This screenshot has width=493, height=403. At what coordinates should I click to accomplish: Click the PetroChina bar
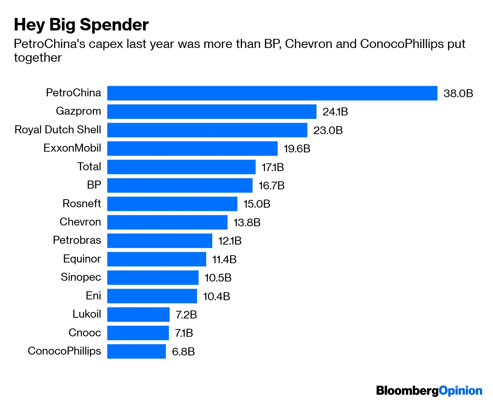pyautogui.click(x=272, y=93)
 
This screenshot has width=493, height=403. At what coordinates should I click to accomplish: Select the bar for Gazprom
pyautogui.click(x=212, y=112)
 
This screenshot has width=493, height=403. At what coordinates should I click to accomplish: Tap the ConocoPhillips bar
pyautogui.click(x=136, y=351)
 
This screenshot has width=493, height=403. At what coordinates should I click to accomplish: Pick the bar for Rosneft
pyautogui.click(x=172, y=204)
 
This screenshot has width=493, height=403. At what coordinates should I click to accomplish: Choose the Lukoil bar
pyautogui.click(x=138, y=315)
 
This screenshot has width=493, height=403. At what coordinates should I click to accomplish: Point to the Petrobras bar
pyautogui.click(x=159, y=241)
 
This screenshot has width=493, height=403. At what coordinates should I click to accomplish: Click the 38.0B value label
pyautogui.click(x=458, y=94)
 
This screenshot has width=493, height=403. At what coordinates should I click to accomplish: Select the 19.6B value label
pyautogui.click(x=297, y=149)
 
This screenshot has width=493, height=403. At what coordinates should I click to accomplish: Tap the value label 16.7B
pyautogui.click(x=271, y=186)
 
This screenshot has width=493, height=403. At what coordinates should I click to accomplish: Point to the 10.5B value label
pyautogui.click(x=218, y=278)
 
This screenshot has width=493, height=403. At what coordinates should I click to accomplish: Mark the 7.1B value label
pyautogui.click(x=184, y=333)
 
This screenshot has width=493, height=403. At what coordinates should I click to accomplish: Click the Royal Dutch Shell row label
pyautogui.click(x=58, y=130)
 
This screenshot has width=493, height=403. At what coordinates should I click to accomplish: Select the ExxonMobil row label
pyautogui.click(x=72, y=148)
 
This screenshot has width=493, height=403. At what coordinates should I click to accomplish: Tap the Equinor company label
pyautogui.click(x=82, y=259)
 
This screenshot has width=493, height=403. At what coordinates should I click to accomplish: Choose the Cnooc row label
pyautogui.click(x=84, y=333)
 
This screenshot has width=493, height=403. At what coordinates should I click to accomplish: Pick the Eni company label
pyautogui.click(x=93, y=296)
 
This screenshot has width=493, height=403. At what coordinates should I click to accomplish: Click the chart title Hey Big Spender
pyautogui.click(x=81, y=25)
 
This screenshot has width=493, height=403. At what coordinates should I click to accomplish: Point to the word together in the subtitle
pyautogui.click(x=38, y=58)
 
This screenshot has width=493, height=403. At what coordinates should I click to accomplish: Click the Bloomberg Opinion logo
pyautogui.click(x=429, y=390)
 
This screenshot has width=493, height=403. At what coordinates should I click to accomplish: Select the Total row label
pyautogui.click(x=89, y=166)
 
